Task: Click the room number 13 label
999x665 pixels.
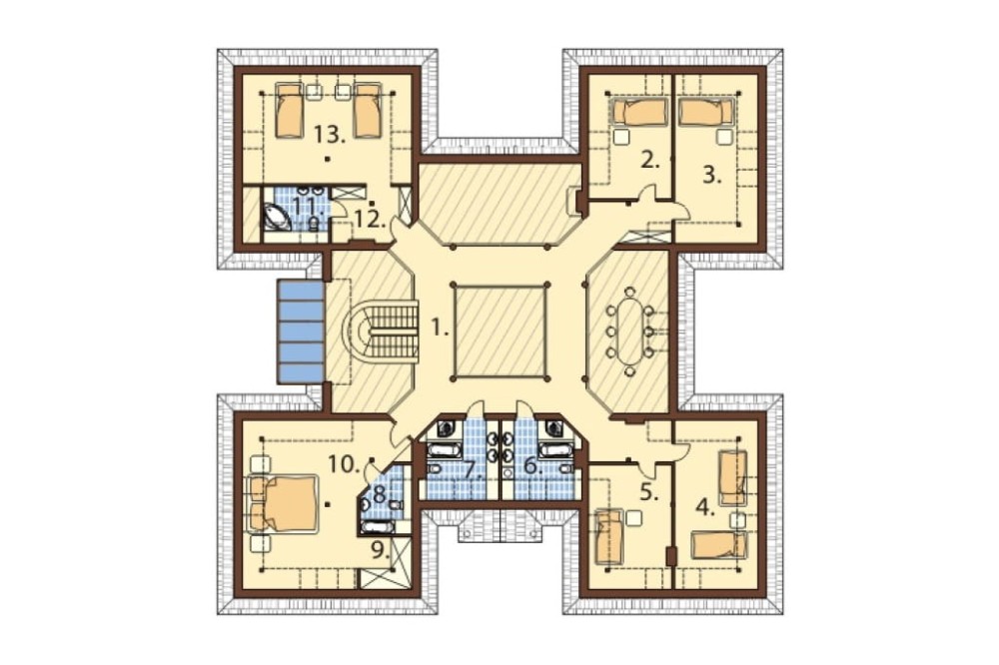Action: [x=329, y=134]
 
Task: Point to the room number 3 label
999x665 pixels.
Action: [x=711, y=175]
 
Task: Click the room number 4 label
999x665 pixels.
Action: [x=704, y=507]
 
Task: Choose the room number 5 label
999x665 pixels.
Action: [x=648, y=493]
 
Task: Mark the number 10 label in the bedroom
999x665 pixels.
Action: [x=344, y=464]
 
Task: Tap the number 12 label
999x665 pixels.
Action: [x=371, y=219]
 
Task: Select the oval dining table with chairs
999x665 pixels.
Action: [x=629, y=332]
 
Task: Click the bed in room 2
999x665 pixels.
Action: [x=639, y=113]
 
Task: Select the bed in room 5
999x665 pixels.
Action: [x=609, y=537]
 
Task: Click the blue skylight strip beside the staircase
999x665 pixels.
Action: [x=300, y=332]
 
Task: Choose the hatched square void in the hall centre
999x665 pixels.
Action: [x=499, y=332]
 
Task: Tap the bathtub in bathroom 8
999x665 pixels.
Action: [x=378, y=527]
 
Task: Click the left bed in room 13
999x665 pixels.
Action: [x=290, y=111]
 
